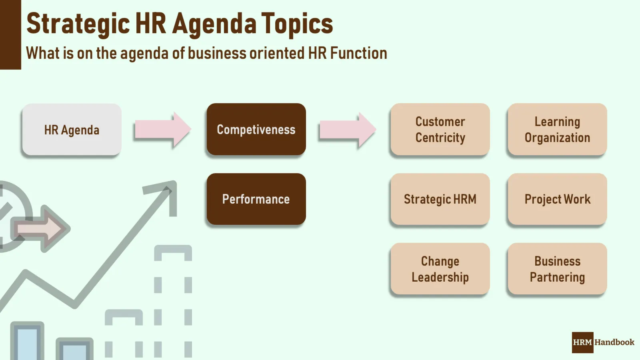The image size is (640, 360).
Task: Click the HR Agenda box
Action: click(72, 130)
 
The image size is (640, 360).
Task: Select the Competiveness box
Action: click(256, 129)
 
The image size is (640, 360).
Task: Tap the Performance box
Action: click(256, 199)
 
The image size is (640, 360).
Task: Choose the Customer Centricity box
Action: click(440, 129)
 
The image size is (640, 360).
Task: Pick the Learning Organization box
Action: click(557, 129)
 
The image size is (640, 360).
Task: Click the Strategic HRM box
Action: click(440, 199)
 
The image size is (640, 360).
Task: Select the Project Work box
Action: click(557, 199)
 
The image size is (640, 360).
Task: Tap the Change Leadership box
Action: click(440, 269)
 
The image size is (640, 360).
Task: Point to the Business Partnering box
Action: click(557, 269)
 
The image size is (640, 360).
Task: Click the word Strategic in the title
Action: click(78, 24)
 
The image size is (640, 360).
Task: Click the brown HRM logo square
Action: click(582, 342)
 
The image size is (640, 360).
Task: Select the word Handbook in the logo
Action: click(614, 342)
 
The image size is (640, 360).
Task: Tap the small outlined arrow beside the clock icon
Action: click(42, 229)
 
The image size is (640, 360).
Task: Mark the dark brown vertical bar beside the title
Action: click(10, 35)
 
